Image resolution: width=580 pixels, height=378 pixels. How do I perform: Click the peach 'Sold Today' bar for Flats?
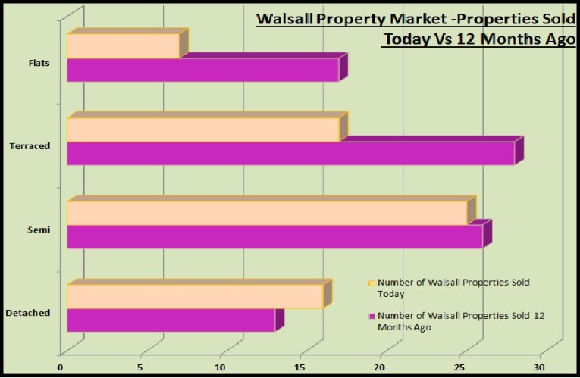click(x=123, y=46)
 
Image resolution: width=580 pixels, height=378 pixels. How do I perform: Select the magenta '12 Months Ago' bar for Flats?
click(x=202, y=70)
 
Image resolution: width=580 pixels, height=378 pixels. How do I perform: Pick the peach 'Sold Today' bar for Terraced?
click(x=202, y=130)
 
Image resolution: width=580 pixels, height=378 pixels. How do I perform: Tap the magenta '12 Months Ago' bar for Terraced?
click(x=290, y=153)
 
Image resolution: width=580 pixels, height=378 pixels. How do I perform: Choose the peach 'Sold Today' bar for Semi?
click(x=267, y=213)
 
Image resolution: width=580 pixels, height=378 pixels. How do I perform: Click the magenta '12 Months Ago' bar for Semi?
click(x=274, y=236)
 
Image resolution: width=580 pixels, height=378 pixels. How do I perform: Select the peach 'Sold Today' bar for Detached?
click(x=195, y=296)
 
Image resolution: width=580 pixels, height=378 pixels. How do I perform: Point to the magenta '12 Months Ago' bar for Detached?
click(x=171, y=320)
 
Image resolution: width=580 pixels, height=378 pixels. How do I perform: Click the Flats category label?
click(x=38, y=63)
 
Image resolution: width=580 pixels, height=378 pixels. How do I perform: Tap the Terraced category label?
click(x=31, y=146)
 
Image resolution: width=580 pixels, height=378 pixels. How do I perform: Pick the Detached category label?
click(x=28, y=313)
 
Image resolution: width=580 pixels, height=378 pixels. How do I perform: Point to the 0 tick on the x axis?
click(x=61, y=368)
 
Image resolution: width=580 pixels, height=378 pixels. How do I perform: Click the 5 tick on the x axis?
click(x=141, y=368)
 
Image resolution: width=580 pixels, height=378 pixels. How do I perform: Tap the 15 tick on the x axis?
click(x=301, y=368)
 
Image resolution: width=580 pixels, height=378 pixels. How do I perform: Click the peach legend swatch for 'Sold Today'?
click(x=372, y=282)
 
